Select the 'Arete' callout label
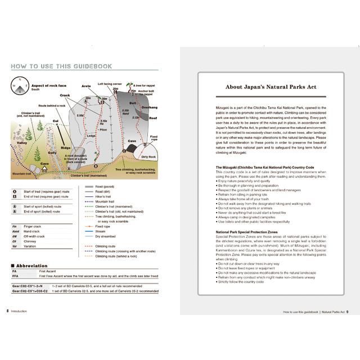tap(85, 87)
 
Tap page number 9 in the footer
tap(348, 311)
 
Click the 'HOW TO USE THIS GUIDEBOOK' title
tap(61, 66)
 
